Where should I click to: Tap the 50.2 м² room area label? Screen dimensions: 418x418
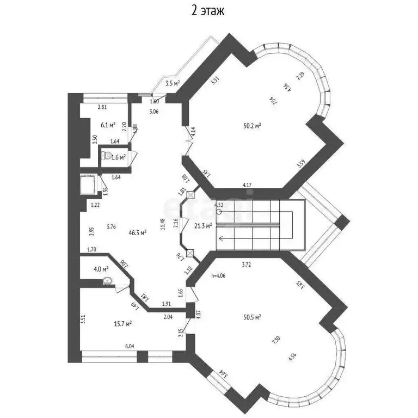252,126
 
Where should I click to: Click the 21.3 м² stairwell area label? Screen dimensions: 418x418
203,226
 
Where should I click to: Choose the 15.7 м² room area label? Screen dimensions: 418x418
123,324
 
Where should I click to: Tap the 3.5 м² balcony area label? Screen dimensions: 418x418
172,84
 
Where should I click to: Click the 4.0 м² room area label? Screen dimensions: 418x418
100,268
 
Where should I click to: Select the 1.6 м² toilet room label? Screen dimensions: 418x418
118,157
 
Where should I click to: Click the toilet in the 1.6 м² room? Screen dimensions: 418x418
105,157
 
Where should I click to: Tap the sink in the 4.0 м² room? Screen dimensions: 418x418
108,281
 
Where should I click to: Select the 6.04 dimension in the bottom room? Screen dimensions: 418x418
129,346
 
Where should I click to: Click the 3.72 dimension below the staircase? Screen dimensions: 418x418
247,265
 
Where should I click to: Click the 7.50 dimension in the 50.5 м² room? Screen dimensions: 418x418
276,339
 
